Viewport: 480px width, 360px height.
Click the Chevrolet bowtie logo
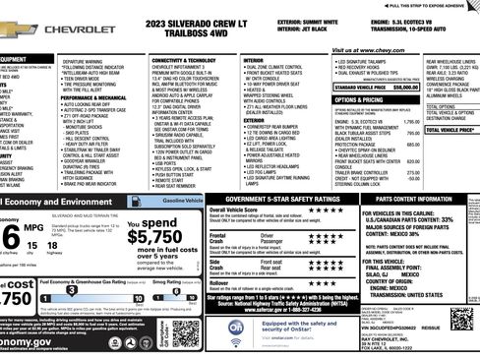(x=20, y=30)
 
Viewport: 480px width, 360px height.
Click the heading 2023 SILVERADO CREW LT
(x=209, y=22)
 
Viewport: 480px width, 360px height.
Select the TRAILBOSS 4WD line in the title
(x=208, y=32)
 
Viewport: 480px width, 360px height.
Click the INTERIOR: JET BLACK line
(x=306, y=30)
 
